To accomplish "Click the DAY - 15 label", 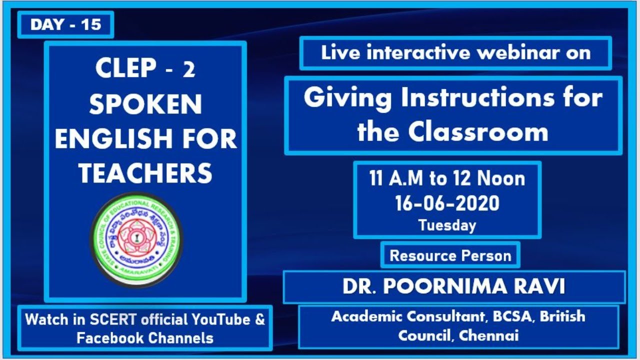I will [x=65, y=24].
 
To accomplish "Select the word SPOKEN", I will [x=145, y=104].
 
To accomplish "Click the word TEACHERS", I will [x=145, y=173].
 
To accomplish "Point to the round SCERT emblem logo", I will [x=136, y=240].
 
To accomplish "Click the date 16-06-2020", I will [x=447, y=203].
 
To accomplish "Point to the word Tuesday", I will [x=447, y=225].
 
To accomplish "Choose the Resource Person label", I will [x=450, y=255].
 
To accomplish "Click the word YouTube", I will [x=226, y=319].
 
